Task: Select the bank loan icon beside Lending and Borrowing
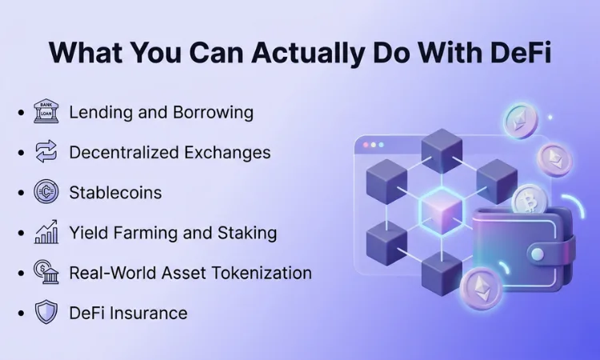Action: click(46, 112)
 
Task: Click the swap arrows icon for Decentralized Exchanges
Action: click(46, 152)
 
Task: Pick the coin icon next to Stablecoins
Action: click(46, 192)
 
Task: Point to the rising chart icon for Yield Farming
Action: click(46, 233)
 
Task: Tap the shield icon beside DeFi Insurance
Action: click(46, 312)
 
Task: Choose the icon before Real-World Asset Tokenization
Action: click(46, 272)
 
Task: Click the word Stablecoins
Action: click(115, 193)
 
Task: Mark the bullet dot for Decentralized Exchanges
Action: click(20, 153)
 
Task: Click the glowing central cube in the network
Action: click(442, 210)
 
